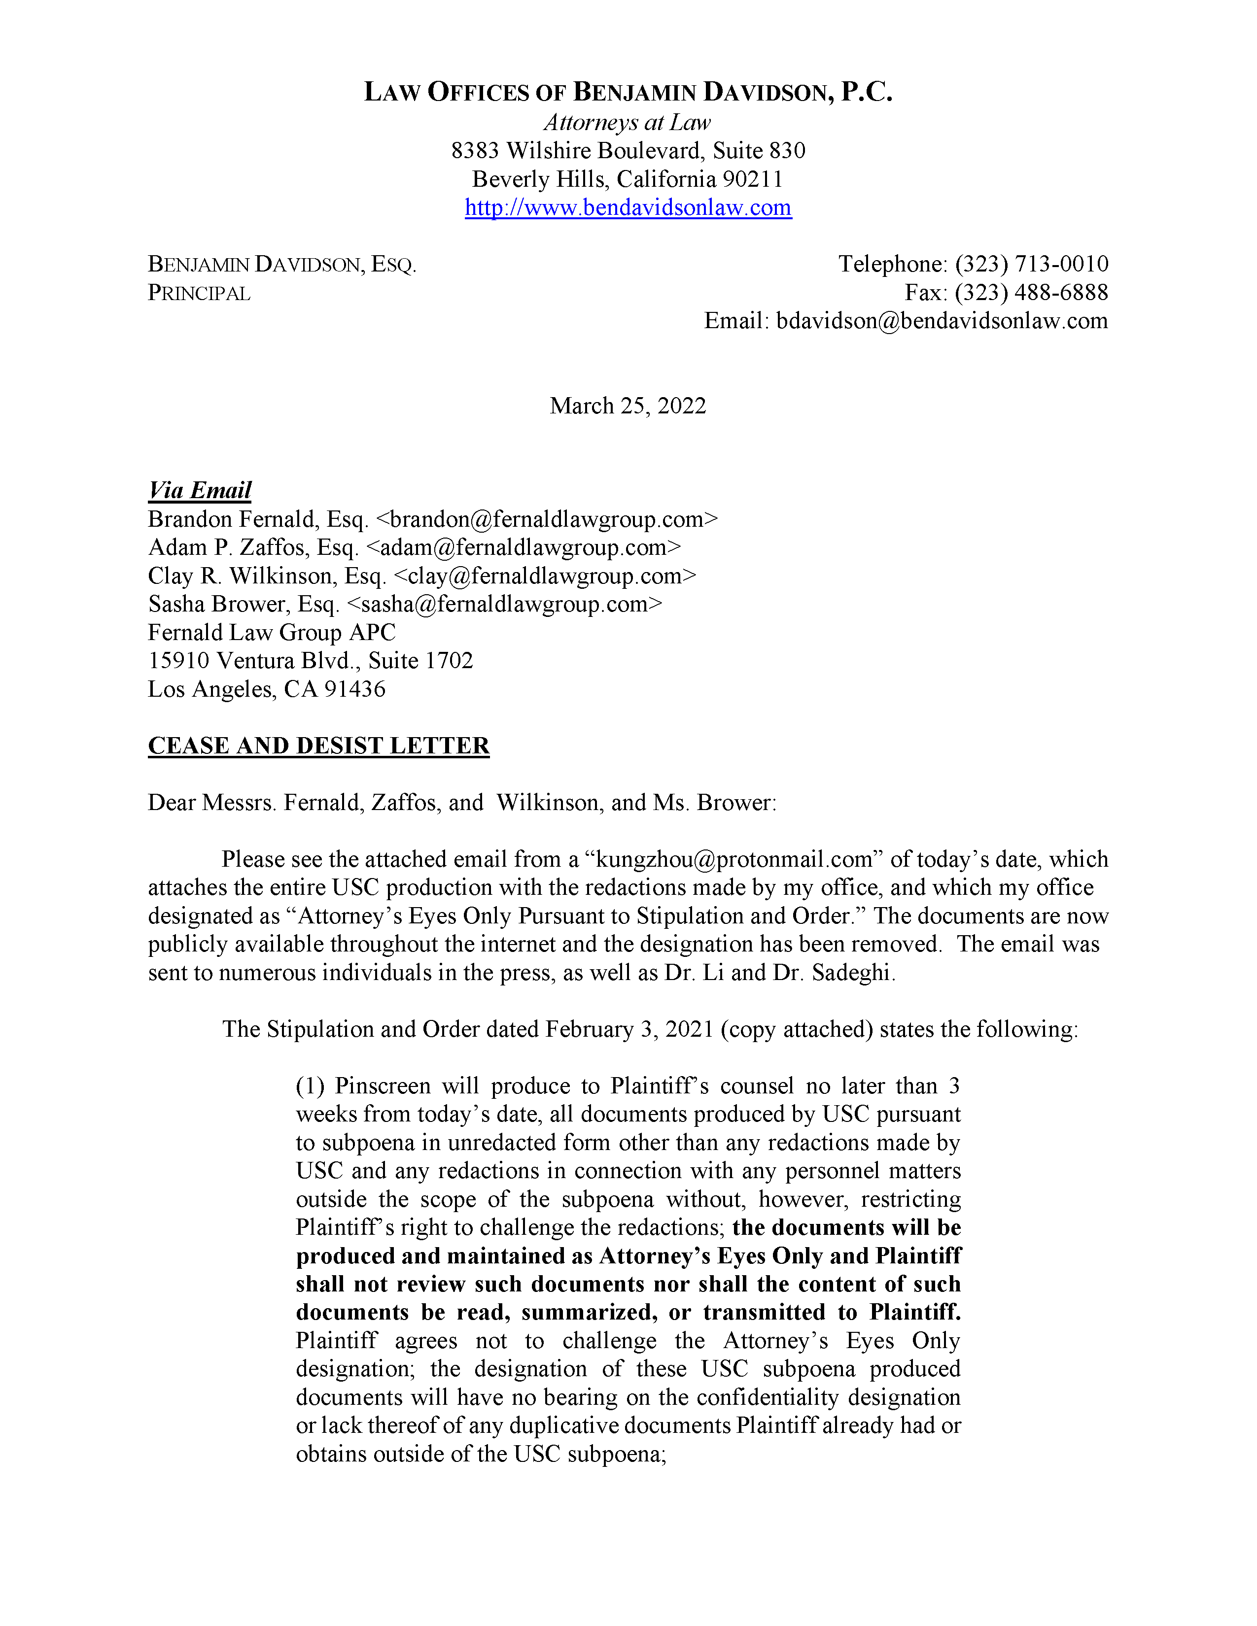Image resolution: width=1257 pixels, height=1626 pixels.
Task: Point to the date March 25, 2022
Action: click(x=628, y=406)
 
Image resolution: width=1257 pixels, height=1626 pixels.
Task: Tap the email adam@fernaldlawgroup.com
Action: click(x=524, y=547)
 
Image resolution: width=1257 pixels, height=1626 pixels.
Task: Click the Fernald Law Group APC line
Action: click(x=272, y=632)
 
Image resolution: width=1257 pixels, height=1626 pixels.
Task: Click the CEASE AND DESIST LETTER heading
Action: click(x=319, y=746)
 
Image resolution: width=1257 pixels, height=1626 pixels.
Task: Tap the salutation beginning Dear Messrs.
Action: click(x=462, y=803)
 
